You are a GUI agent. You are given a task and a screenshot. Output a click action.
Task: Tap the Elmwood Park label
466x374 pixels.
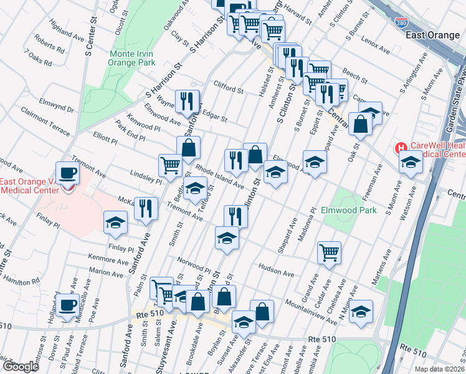click(348, 210)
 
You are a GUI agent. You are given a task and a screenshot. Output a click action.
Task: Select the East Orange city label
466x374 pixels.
click(432, 35)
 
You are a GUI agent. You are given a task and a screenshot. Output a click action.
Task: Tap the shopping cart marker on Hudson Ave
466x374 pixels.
click(328, 252)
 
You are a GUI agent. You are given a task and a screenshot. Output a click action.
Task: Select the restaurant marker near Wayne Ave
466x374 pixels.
click(187, 100)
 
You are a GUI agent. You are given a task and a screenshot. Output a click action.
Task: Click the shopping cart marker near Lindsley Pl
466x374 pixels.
click(170, 166)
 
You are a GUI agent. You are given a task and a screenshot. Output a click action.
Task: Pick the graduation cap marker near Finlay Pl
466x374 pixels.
click(115, 224)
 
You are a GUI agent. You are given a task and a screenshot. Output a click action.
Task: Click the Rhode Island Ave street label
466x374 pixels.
click(219, 176)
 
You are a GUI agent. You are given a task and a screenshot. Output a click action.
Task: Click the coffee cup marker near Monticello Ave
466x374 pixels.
click(68, 305)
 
